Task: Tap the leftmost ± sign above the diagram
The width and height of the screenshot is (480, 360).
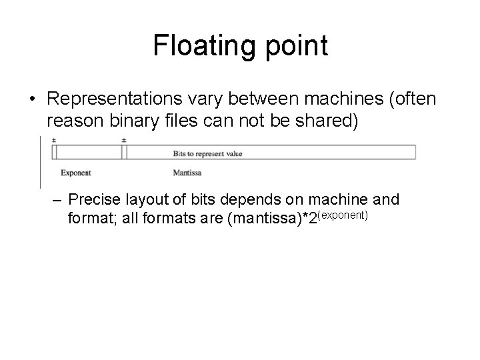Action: click(x=53, y=141)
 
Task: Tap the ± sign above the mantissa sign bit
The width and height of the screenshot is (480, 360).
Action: click(x=124, y=141)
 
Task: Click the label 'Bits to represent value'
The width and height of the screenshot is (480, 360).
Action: click(x=207, y=153)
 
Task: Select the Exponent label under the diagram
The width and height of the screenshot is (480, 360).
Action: click(x=76, y=173)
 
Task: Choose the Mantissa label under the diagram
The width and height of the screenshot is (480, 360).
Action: click(x=187, y=173)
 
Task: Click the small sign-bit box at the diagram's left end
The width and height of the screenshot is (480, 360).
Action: click(x=55, y=153)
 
